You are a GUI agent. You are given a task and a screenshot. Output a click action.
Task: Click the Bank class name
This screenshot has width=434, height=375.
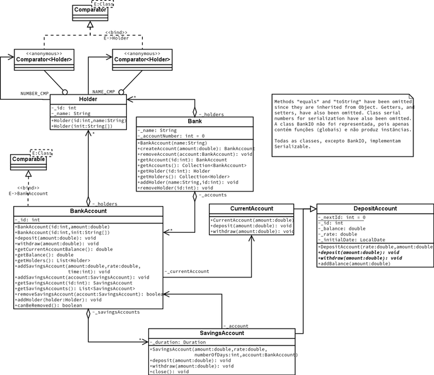[x=194, y=121]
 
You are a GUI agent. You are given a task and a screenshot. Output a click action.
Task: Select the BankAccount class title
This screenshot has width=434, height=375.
[x=88, y=212]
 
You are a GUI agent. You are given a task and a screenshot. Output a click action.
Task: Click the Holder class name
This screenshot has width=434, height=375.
[x=88, y=100]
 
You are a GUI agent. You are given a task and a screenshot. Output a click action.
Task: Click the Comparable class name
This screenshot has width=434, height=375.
[x=28, y=160]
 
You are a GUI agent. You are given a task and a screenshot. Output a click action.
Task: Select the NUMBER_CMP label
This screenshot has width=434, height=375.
[x=34, y=94]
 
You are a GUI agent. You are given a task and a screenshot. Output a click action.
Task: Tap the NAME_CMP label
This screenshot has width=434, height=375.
[x=103, y=92]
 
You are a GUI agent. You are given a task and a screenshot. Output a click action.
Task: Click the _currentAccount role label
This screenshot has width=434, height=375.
[x=187, y=272]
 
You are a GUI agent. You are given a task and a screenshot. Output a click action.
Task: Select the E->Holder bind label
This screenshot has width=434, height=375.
[x=116, y=38]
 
